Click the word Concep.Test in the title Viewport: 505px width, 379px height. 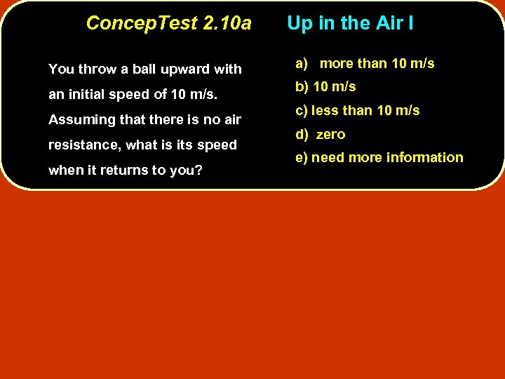(x=141, y=23)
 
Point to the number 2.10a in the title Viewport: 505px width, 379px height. (x=227, y=23)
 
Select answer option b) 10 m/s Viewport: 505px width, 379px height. (x=325, y=87)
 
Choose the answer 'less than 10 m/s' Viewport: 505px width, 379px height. (x=365, y=111)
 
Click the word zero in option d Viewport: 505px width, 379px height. (x=331, y=135)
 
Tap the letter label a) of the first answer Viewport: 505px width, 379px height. (x=302, y=64)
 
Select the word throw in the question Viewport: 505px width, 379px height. (x=95, y=69)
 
